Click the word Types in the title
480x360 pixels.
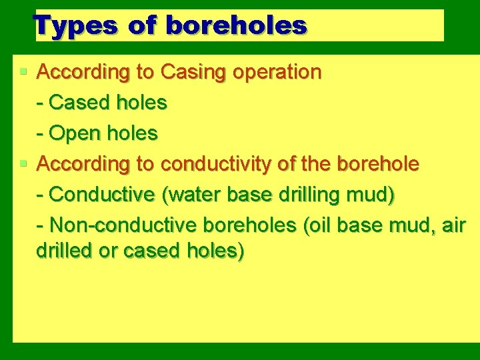point(75,26)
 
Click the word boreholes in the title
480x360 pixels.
point(236,26)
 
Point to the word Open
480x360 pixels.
point(77,133)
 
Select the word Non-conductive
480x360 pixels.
point(121,225)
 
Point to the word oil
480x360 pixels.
point(319,225)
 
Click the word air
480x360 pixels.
point(453,225)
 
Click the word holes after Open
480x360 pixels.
point(133,133)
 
